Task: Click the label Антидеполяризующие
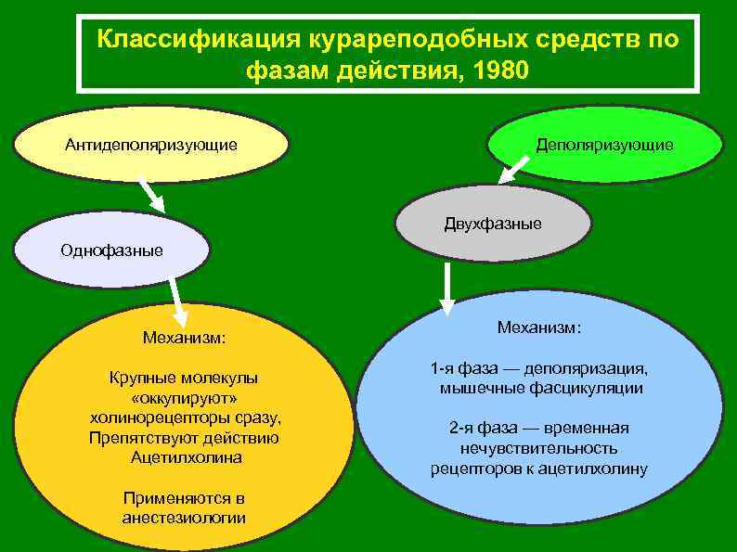click(x=150, y=145)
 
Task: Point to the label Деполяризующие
click(x=604, y=146)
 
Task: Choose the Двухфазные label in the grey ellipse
click(x=493, y=225)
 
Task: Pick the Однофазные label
click(x=111, y=250)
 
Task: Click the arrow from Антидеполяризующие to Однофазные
click(x=151, y=195)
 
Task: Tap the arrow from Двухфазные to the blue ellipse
click(x=447, y=288)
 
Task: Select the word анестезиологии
click(x=184, y=518)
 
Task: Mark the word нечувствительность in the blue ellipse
click(x=539, y=448)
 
